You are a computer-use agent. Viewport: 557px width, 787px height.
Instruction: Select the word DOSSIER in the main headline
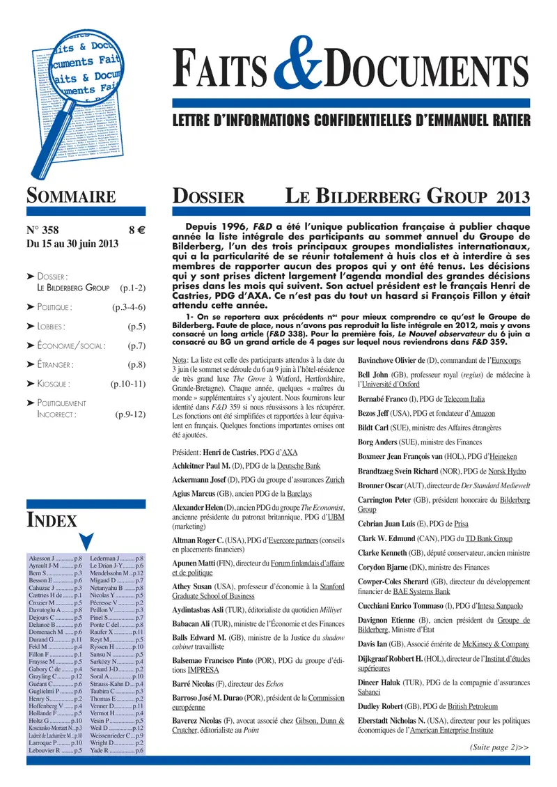pos(208,197)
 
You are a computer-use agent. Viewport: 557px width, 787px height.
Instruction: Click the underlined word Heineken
pos(503,456)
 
